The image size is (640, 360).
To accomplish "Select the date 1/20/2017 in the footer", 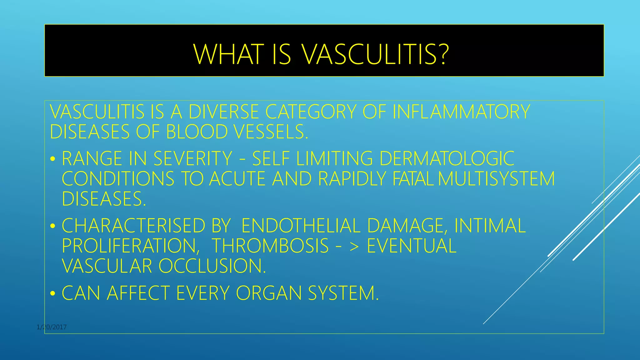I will tap(52, 327).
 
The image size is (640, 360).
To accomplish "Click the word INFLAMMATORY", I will tap(461, 112).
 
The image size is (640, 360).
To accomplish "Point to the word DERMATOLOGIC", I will tap(447, 158).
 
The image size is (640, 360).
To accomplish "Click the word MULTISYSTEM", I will tap(496, 179).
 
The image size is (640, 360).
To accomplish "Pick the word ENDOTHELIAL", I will tap(301, 226).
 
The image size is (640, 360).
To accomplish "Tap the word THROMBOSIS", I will tap(270, 246).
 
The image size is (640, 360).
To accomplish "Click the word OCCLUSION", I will tap(212, 266).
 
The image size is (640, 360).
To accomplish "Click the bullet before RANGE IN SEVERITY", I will tap(53, 159).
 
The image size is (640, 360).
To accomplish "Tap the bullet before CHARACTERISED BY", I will tap(53, 226).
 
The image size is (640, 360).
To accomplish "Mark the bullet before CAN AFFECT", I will tap(53, 294).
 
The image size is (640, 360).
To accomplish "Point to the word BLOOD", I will tap(197, 132).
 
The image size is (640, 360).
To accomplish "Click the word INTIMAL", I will tap(490, 226).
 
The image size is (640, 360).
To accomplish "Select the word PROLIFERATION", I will tap(131, 246).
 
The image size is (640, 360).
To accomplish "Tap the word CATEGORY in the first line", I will tap(311, 112).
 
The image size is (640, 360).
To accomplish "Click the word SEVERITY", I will tap(193, 158).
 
